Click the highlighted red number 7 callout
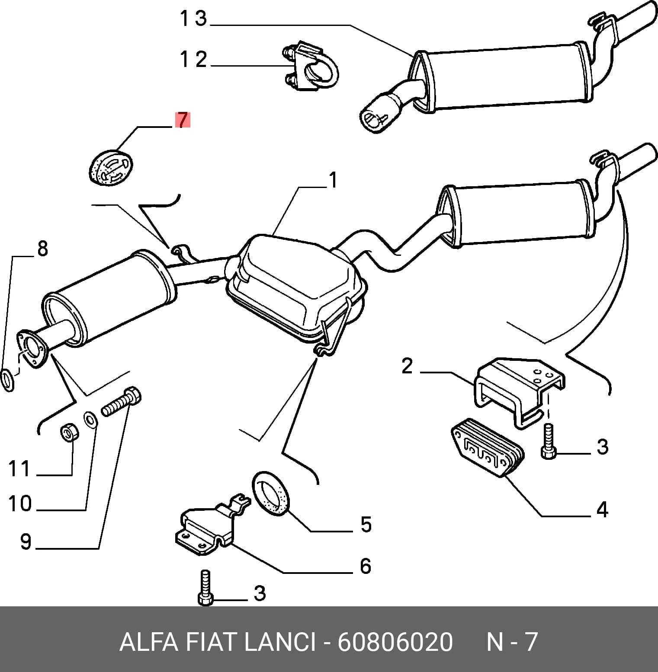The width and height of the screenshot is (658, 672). pos(183,120)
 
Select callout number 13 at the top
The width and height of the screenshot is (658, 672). pos(193,19)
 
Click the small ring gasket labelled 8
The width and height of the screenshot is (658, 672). pos(9,380)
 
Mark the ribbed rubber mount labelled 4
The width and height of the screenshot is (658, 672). pos(488,449)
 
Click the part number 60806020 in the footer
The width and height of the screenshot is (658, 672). pos(395,642)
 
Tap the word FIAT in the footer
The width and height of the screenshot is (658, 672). pos(212,642)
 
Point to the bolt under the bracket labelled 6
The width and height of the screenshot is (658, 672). pos(205,588)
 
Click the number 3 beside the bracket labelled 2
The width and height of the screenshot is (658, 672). pos(602,446)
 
